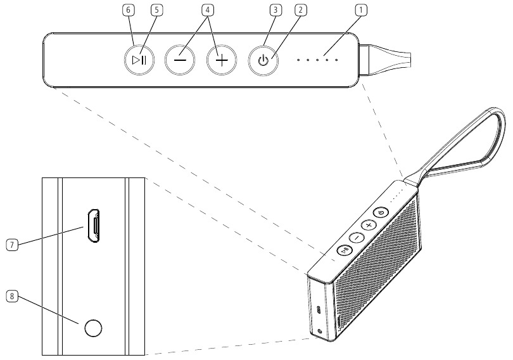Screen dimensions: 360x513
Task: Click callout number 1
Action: [361, 10]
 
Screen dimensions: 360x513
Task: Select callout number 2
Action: [301, 10]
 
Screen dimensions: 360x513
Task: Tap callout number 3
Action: [274, 10]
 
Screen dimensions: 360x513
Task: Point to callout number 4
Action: [206, 10]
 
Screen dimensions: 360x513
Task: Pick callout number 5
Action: [156, 10]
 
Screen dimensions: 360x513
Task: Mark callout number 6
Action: [129, 10]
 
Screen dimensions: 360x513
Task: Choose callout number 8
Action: [10, 295]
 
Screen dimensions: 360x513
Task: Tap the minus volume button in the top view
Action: [180, 61]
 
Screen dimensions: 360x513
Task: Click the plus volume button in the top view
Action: [222, 61]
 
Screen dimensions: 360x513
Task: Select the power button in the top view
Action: [263, 61]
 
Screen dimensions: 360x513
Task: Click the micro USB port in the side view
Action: [93, 225]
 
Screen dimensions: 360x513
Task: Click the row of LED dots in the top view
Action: [318, 60]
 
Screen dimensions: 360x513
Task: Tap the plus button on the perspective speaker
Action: [369, 225]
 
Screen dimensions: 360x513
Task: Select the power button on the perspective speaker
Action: [381, 213]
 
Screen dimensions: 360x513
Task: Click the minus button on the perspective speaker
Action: [357, 238]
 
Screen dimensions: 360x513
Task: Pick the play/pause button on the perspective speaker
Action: [344, 250]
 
